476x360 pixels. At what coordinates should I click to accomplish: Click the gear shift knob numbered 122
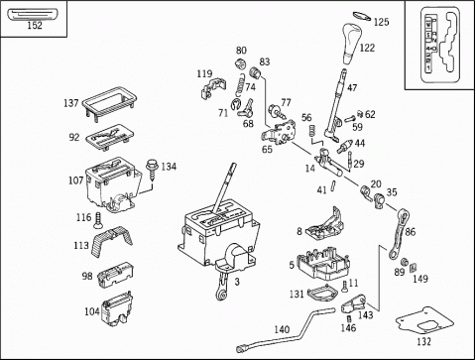click(350, 43)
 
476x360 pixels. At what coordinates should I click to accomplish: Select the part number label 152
click(35, 25)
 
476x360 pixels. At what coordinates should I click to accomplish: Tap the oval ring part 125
click(362, 16)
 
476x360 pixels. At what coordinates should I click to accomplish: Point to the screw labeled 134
click(152, 170)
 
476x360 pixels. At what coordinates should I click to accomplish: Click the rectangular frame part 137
click(109, 102)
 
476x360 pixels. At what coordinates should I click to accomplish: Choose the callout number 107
click(75, 180)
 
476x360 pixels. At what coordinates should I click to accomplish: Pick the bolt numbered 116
click(98, 220)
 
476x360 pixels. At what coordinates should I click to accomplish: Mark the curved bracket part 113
click(111, 240)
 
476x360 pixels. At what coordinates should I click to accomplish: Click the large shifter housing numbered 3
click(218, 231)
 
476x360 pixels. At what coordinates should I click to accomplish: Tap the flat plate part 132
click(424, 321)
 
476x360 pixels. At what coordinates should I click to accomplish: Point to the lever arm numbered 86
click(399, 233)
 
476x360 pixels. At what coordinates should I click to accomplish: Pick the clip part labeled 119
click(213, 88)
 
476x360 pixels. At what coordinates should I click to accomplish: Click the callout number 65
click(267, 150)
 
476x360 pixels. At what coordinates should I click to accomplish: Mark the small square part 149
click(414, 267)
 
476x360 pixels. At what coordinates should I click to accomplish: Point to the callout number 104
click(92, 311)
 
